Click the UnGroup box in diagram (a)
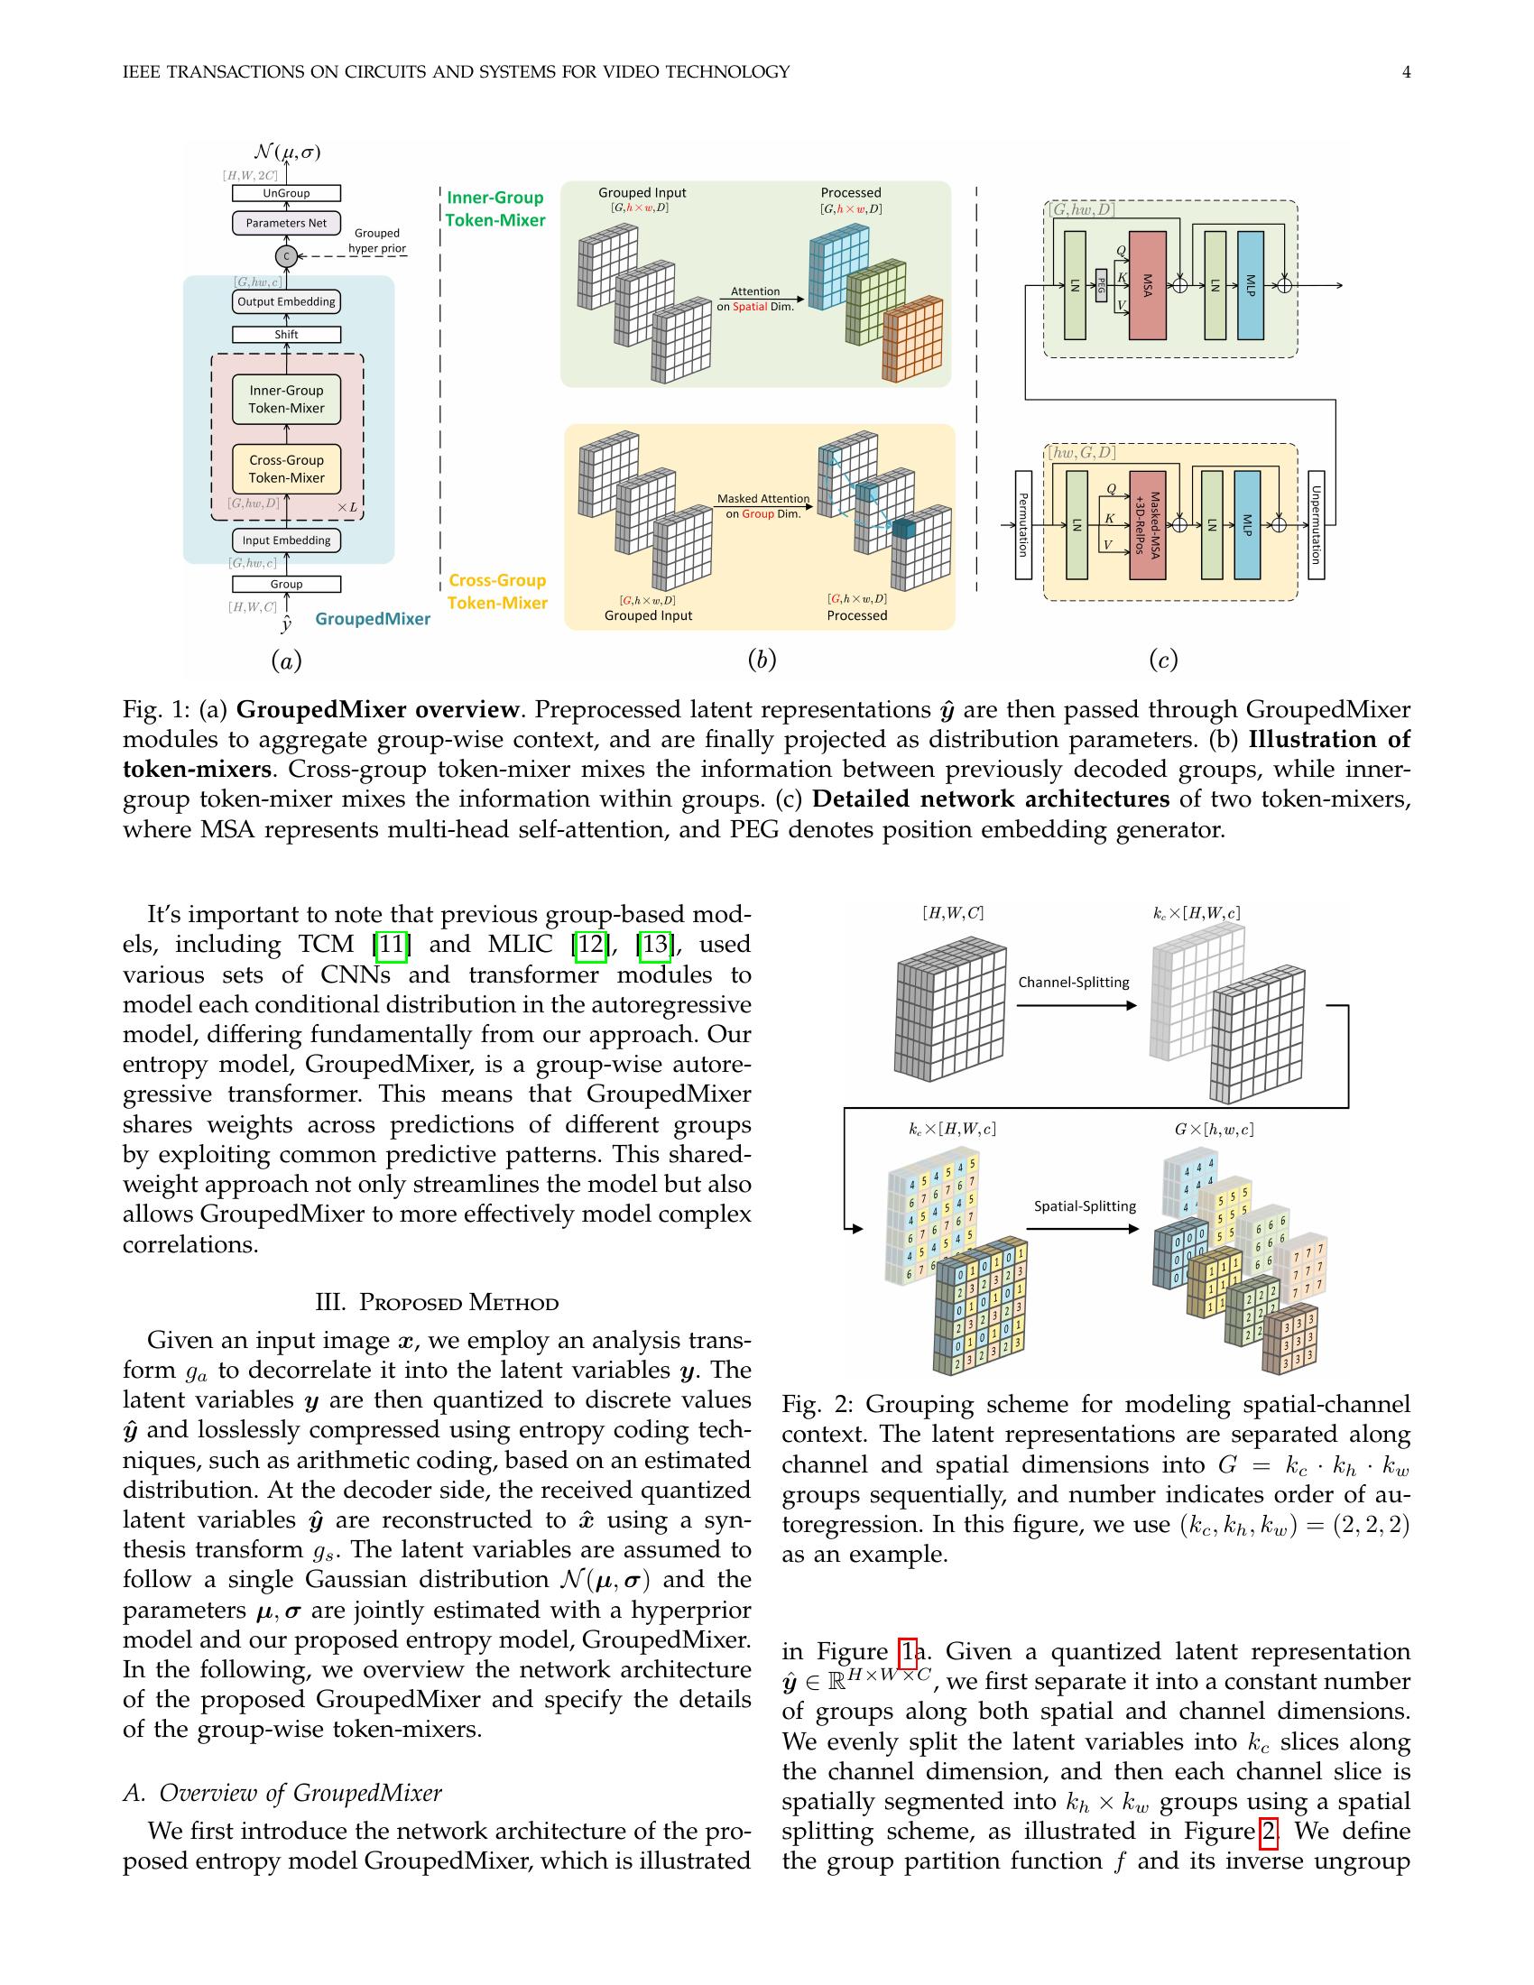(x=286, y=193)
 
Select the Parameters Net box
(x=286, y=223)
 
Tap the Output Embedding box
(x=286, y=301)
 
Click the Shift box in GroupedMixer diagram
(x=286, y=335)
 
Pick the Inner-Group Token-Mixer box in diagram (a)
(x=286, y=399)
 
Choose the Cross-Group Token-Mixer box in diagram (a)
(x=286, y=469)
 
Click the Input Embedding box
(x=286, y=540)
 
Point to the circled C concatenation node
(x=286, y=256)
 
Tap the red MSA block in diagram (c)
(x=1147, y=285)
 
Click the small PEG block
(x=1102, y=285)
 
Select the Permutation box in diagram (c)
(x=1023, y=524)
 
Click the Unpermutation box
(x=1315, y=524)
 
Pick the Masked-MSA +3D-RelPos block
(x=1148, y=524)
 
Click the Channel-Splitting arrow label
(x=1073, y=982)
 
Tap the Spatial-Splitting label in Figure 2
(x=1085, y=1206)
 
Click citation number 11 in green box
(x=391, y=946)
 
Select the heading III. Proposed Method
(x=436, y=1302)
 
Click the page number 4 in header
(x=1406, y=72)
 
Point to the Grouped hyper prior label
(x=377, y=241)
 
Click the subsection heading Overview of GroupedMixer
(x=282, y=1793)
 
